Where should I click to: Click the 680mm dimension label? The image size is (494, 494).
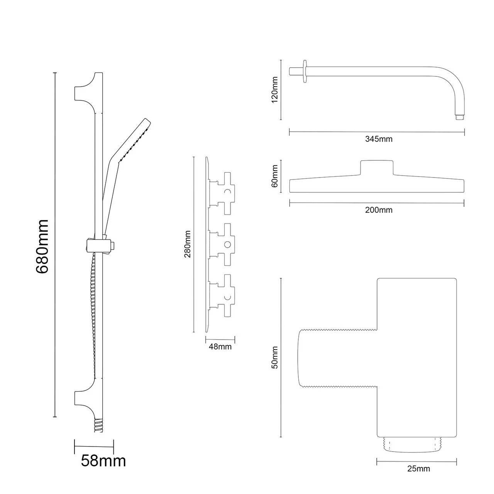click(42, 246)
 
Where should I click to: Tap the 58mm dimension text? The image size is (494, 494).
click(103, 461)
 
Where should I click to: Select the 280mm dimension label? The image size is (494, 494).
click(188, 244)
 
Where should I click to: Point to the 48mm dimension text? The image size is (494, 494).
click(220, 347)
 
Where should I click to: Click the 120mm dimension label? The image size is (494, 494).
click(275, 89)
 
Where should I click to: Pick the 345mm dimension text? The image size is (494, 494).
click(379, 139)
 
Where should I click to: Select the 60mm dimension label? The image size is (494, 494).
click(275, 176)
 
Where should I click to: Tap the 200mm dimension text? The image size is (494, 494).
click(379, 210)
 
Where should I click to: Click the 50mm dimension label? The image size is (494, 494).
click(275, 357)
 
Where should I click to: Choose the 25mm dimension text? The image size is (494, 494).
click(418, 469)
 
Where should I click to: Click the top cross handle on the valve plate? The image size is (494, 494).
click(226, 191)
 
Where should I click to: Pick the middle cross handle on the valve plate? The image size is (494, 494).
click(226, 244)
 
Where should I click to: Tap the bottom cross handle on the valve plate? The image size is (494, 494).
click(226, 296)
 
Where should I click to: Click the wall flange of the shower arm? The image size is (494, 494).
click(305, 71)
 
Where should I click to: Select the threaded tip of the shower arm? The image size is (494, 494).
click(459, 117)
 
